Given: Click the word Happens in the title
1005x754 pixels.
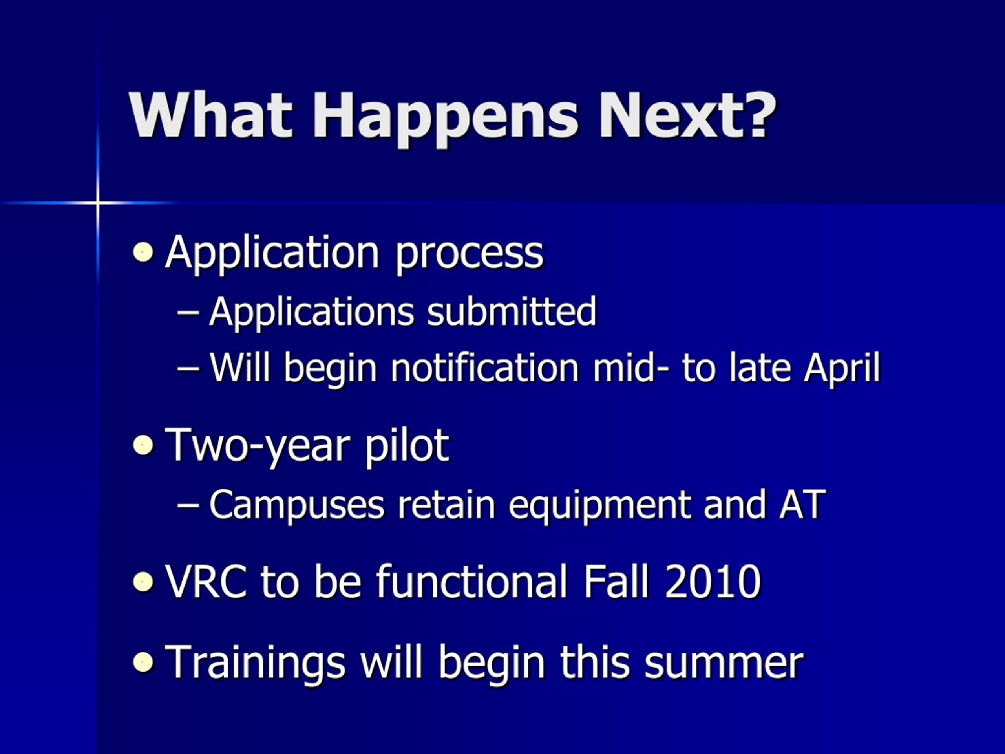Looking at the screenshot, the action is (446, 119).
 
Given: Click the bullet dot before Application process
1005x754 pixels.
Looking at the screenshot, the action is (143, 252).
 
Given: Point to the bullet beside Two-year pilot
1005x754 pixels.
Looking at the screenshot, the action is (143, 445).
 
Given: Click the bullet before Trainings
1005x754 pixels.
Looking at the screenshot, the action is (143, 662).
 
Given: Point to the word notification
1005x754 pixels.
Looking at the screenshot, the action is (485, 367).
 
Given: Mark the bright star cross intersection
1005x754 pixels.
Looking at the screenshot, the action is (98, 202).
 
